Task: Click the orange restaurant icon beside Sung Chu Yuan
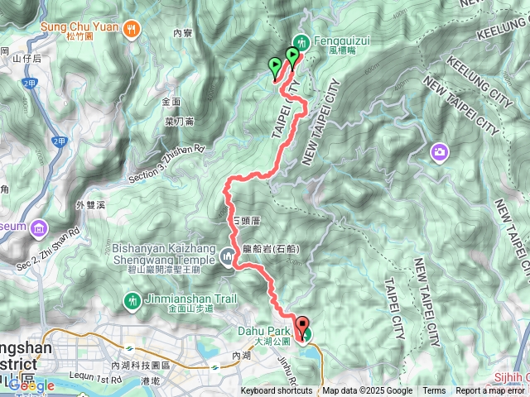[131, 29]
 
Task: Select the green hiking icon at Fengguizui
[302, 41]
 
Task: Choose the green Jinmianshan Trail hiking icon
[132, 300]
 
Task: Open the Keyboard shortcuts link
[277, 391]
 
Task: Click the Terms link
[434, 391]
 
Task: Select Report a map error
[491, 391]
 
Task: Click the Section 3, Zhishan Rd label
[166, 165]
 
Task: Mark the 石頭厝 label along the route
[247, 221]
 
